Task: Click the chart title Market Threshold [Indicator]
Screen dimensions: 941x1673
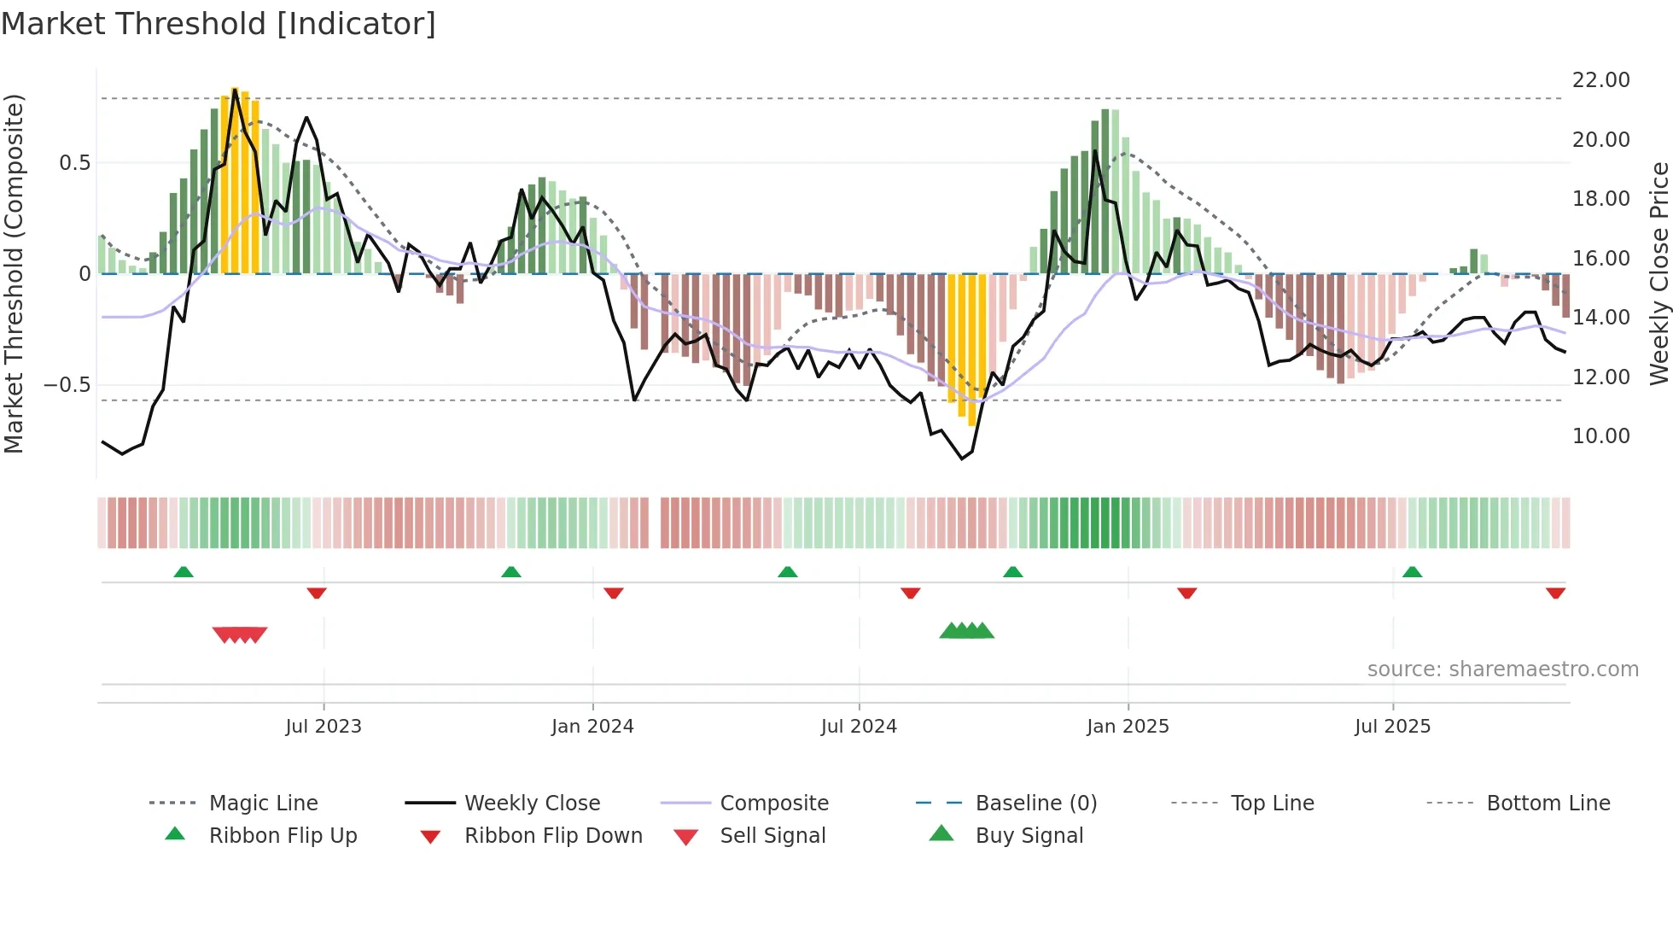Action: click(x=219, y=24)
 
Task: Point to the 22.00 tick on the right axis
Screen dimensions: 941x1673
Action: click(x=1600, y=80)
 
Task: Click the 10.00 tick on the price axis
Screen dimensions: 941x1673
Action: click(x=1600, y=436)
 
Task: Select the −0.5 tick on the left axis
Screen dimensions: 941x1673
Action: click(x=67, y=385)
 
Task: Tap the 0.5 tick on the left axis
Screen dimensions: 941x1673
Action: click(x=74, y=163)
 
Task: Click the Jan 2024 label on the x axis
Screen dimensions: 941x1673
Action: click(x=592, y=727)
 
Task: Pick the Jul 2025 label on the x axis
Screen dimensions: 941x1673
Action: click(x=1392, y=727)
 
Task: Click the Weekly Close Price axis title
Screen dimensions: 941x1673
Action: click(x=1658, y=273)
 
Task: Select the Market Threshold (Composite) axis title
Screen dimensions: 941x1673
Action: click(x=14, y=273)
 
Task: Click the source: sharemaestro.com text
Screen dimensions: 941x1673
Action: click(x=1502, y=669)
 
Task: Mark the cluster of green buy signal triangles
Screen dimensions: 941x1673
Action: click(x=966, y=631)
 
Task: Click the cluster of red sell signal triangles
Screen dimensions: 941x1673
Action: click(x=240, y=634)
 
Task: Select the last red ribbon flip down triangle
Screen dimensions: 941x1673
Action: click(x=1555, y=593)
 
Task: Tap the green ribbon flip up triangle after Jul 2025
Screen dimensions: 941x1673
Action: click(x=1412, y=572)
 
